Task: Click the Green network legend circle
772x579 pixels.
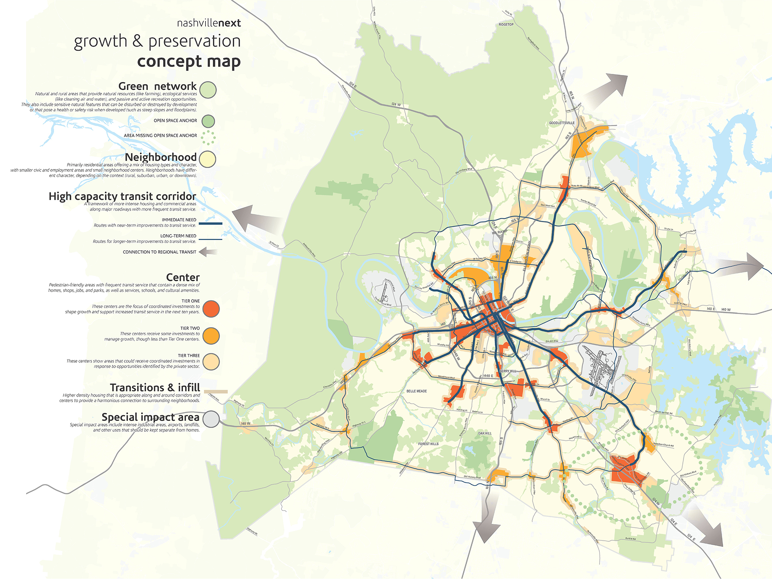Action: tap(208, 90)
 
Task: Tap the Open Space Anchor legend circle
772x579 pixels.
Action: tap(208, 121)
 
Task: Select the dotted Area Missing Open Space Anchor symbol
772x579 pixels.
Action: tap(208, 137)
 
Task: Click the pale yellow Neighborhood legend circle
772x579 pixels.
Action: tap(208, 159)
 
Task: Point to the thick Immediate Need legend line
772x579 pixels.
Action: tap(210, 224)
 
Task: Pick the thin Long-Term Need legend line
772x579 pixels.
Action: tap(210, 239)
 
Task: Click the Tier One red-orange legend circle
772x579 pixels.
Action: tap(211, 309)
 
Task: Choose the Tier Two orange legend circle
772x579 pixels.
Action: tap(211, 336)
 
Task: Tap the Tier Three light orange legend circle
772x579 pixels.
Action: tap(211, 362)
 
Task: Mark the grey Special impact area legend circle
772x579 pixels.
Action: tap(211, 419)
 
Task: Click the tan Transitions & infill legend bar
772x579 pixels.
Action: tap(216, 392)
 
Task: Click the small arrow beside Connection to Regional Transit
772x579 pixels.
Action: tap(208, 252)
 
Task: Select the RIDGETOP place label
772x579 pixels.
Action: tap(506, 25)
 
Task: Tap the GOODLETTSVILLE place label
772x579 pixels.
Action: tap(561, 123)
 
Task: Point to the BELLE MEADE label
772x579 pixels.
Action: tap(417, 391)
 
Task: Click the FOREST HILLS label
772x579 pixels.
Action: tap(428, 444)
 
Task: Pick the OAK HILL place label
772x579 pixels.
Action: tap(485, 433)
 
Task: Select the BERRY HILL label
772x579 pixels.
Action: tap(508, 371)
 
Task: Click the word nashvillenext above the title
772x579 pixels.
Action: tap(209, 23)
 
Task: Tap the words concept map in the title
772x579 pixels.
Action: tap(189, 61)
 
